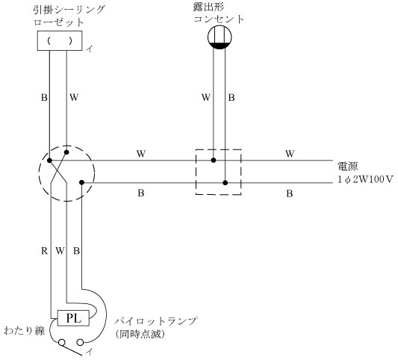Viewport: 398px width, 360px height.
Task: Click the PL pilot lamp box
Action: [x=73, y=318]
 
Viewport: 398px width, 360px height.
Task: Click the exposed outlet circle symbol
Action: [x=220, y=37]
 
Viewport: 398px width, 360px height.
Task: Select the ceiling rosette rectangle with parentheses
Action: [x=60, y=40]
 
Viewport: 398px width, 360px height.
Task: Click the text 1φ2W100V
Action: [x=365, y=179]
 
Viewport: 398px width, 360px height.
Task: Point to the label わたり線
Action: [x=25, y=331]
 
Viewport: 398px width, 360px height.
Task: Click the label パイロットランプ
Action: [x=155, y=321]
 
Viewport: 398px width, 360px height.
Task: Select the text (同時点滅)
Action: [x=140, y=334]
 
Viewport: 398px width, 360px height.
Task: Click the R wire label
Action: [x=44, y=251]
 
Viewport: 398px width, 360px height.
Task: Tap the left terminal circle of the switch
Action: [x=62, y=343]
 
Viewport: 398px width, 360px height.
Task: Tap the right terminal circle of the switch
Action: [x=80, y=343]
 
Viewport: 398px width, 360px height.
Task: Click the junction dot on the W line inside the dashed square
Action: [x=214, y=160]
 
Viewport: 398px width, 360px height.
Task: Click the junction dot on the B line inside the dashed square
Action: [x=226, y=183]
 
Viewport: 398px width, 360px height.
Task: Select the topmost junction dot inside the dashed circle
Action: [x=66, y=152]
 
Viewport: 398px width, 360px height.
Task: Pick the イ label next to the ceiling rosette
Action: [x=89, y=49]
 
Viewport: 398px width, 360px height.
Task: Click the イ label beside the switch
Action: [x=89, y=352]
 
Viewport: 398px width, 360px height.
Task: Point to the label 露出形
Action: [x=208, y=7]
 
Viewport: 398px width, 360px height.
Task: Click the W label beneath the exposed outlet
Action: [x=206, y=98]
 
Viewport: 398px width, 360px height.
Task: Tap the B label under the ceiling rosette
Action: [x=44, y=98]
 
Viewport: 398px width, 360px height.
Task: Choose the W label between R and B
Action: [x=60, y=251]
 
